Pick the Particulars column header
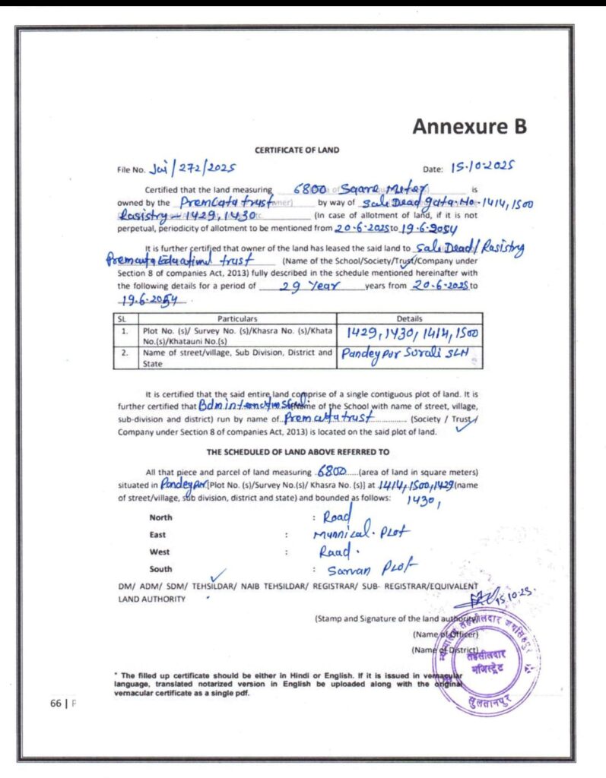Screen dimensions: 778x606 pyautogui.click(x=233, y=318)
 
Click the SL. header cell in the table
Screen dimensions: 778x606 pyautogui.click(x=122, y=318)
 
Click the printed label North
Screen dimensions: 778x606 pyautogui.click(x=161, y=517)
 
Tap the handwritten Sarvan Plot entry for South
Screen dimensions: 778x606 pyautogui.click(x=362, y=569)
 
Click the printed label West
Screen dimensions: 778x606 pyautogui.click(x=160, y=552)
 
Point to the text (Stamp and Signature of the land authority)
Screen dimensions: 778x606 pyautogui.click(x=395, y=618)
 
